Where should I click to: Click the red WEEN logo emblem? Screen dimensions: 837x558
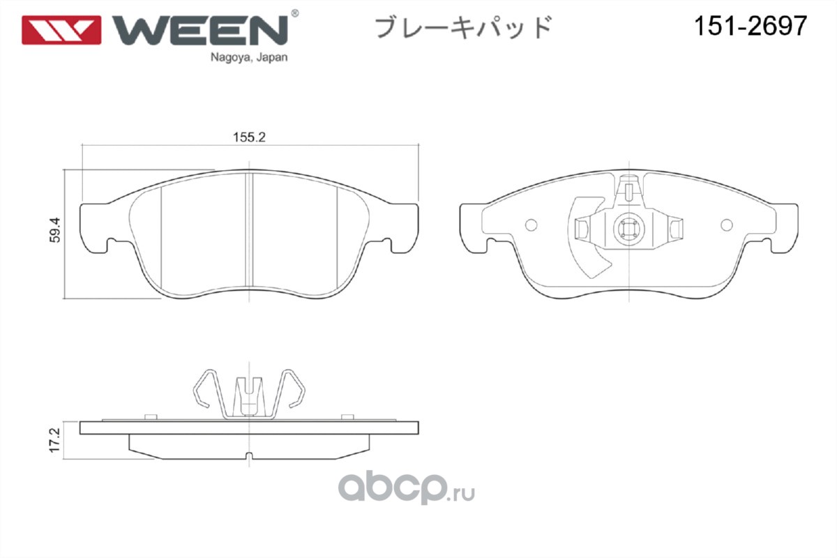pyautogui.click(x=61, y=29)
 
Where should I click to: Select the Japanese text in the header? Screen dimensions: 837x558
pyautogui.click(x=463, y=27)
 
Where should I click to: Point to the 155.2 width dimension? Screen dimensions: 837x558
pyautogui.click(x=250, y=137)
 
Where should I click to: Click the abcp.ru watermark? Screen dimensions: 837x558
pyautogui.click(x=407, y=488)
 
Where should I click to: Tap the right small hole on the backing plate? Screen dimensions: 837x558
pyautogui.click(x=726, y=225)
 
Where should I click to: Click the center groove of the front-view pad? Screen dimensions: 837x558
pyautogui.click(x=250, y=230)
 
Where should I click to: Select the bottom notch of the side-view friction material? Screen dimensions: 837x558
pyautogui.click(x=250, y=457)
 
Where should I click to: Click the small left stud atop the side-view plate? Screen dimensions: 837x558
pyautogui.click(x=148, y=416)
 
